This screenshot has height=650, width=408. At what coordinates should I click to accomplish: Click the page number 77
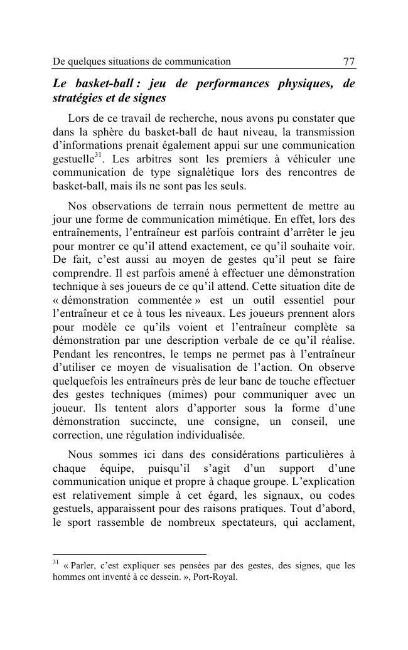click(x=348, y=61)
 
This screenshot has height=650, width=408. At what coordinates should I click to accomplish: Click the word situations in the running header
click(x=122, y=61)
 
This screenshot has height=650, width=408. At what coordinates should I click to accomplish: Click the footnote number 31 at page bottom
click(x=55, y=562)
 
